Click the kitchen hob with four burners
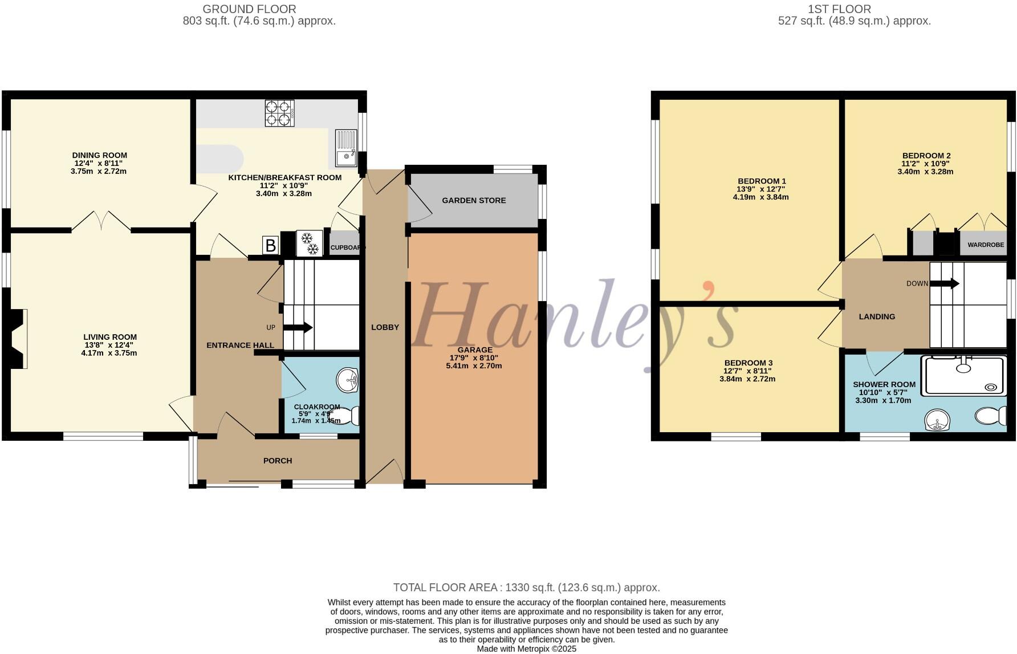pyautogui.click(x=279, y=113)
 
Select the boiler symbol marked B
pyautogui.click(x=271, y=246)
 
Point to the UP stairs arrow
pyautogui.click(x=298, y=327)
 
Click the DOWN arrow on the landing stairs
pyautogui.click(x=945, y=283)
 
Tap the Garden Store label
pyautogui.click(x=474, y=200)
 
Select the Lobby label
pyautogui.click(x=385, y=327)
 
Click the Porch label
pyautogui.click(x=278, y=461)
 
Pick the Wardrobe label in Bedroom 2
pyautogui.click(x=986, y=245)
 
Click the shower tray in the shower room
pyautogui.click(x=964, y=375)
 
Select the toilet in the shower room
pyautogui.click(x=991, y=416)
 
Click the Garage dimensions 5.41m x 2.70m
pyautogui.click(x=474, y=365)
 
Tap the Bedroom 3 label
pyautogui.click(x=748, y=363)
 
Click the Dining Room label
pyautogui.click(x=100, y=155)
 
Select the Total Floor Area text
pyautogui.click(x=526, y=587)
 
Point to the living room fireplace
pyautogui.click(x=16, y=339)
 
